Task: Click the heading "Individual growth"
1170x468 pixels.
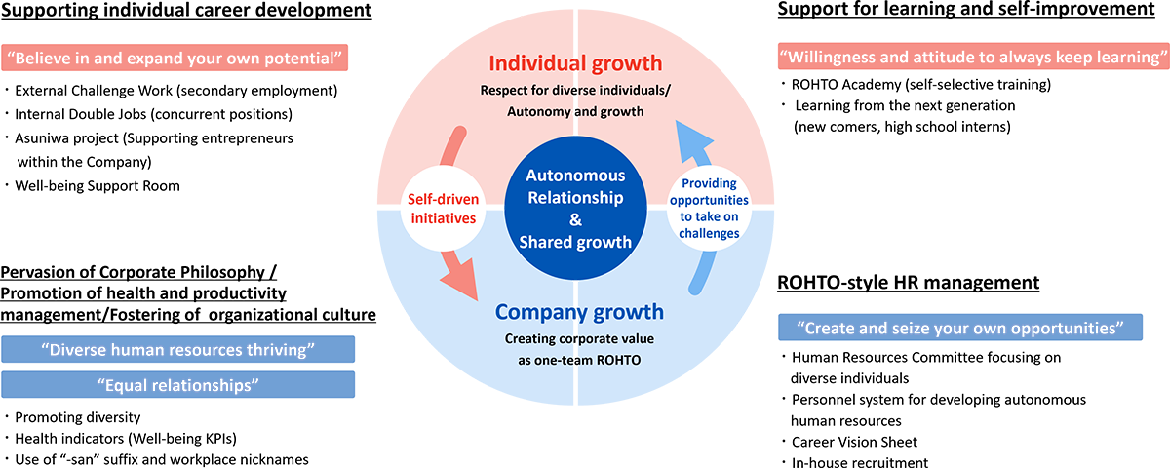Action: coord(576,65)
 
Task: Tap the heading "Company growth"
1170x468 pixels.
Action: coord(579,312)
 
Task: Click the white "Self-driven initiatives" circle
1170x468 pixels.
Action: coord(443,209)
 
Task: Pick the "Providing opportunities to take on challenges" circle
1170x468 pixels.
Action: coord(709,209)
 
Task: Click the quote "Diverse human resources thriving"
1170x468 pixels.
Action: coord(177,350)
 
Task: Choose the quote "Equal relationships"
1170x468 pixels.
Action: coord(177,384)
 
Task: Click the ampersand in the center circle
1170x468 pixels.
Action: coord(575,221)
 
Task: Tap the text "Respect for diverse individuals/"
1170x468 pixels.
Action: coord(576,91)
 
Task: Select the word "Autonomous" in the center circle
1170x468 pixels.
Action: coord(575,176)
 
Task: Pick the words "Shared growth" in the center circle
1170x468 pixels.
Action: coord(575,243)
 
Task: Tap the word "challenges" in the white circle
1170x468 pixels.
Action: coord(709,233)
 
